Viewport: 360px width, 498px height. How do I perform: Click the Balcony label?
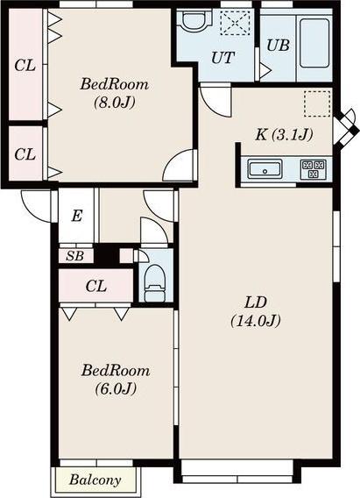95,480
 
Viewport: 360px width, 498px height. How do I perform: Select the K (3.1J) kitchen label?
284,135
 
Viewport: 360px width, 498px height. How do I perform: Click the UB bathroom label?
278,46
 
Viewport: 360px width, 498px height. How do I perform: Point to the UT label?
223,58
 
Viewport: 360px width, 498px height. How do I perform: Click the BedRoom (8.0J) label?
115,93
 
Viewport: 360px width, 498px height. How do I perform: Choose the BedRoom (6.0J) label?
116,380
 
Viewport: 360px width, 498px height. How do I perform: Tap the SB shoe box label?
74,256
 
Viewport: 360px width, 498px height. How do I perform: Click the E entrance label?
77,217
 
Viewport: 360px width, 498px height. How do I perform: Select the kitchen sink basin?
265,168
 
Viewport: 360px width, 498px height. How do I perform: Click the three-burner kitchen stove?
313,168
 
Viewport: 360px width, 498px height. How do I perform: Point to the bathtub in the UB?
314,43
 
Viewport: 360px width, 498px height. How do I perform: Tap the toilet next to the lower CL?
155,283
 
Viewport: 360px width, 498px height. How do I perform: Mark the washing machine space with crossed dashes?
235,23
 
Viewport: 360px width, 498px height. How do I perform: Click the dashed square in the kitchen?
317,103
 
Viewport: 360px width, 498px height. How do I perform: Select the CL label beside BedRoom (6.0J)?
95,287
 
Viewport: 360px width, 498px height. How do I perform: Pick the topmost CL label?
25,66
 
